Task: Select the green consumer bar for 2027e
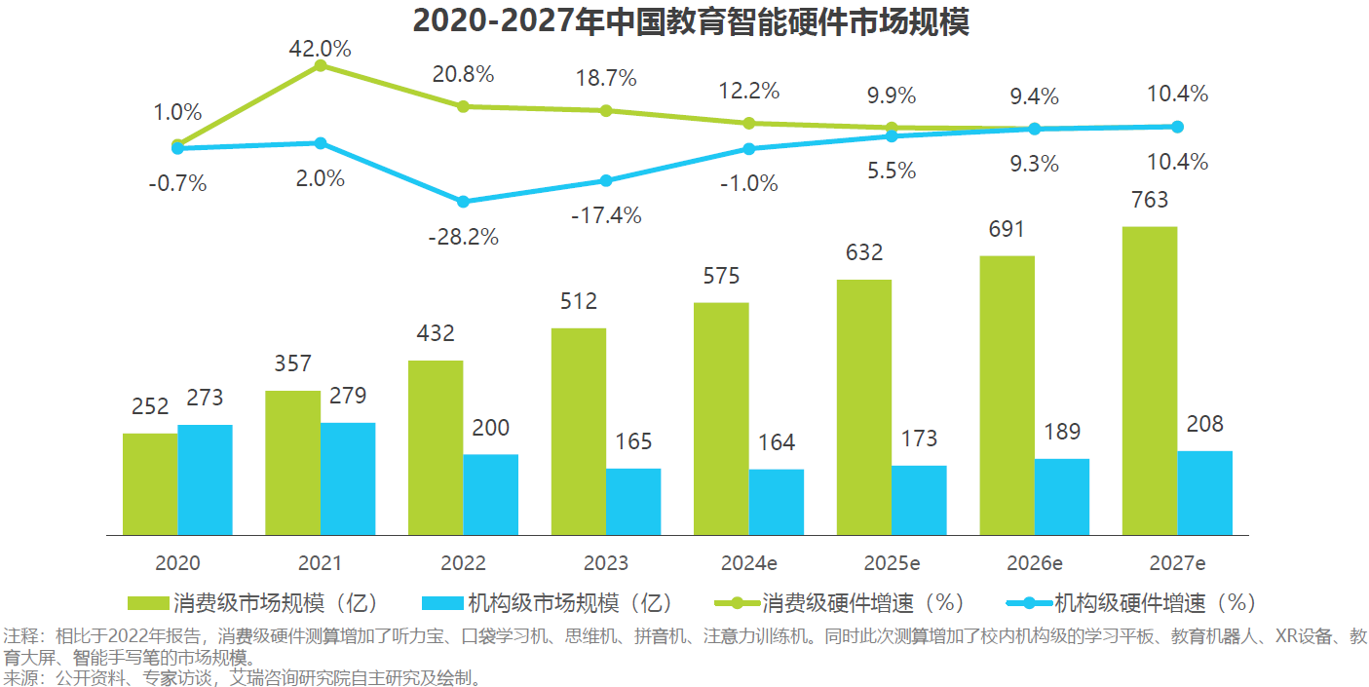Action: pyautogui.click(x=1150, y=380)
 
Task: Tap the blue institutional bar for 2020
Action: pyautogui.click(x=205, y=479)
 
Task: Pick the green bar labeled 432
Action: pyautogui.click(x=436, y=447)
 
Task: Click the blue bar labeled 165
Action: pyautogui.click(x=633, y=501)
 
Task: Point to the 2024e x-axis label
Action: pyautogui.click(x=747, y=563)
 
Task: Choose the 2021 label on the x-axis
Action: pyautogui.click(x=320, y=563)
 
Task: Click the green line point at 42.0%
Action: pyautogui.click(x=320, y=66)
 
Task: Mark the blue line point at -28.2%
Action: pyautogui.click(x=463, y=202)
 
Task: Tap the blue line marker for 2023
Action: pyautogui.click(x=606, y=180)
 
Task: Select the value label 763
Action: pyautogui.click(x=1150, y=201)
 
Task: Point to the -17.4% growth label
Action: pyautogui.click(x=606, y=215)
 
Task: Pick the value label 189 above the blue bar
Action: pyautogui.click(x=1062, y=432)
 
